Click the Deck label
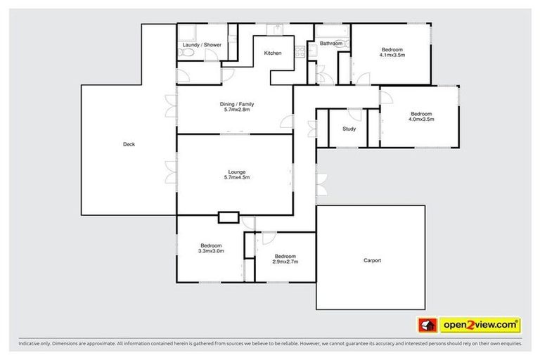coord(129,145)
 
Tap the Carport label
coord(372,261)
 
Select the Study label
coord(349,129)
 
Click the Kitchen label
coord(273,53)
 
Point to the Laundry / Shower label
coord(202,45)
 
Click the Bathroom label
coord(330,44)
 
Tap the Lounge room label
coord(238,172)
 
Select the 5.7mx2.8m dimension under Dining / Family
coord(238,110)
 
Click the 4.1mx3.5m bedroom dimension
coord(392,54)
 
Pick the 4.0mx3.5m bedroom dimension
coord(421,120)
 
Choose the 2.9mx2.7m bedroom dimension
coord(286,262)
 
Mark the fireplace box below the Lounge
coord(229,217)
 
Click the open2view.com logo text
coord(480,325)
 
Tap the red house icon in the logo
coord(425,325)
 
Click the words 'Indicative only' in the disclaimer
coord(33,344)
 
